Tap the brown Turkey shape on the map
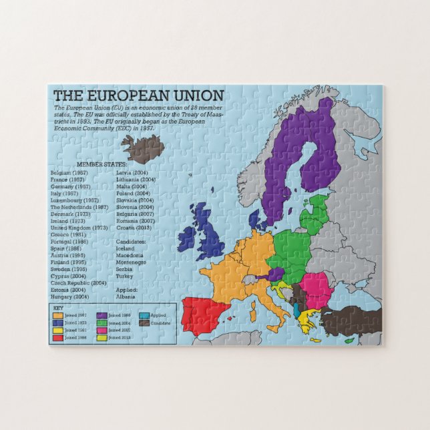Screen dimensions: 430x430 351,321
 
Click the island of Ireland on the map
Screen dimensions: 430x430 186,235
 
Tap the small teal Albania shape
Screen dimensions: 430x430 297,310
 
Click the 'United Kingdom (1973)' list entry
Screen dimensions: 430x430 79,228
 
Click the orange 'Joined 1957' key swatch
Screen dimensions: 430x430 59,315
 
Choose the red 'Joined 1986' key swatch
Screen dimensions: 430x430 59,338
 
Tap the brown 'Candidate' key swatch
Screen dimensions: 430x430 144,323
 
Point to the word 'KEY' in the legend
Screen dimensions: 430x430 58,307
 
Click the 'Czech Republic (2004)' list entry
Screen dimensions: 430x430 79,283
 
